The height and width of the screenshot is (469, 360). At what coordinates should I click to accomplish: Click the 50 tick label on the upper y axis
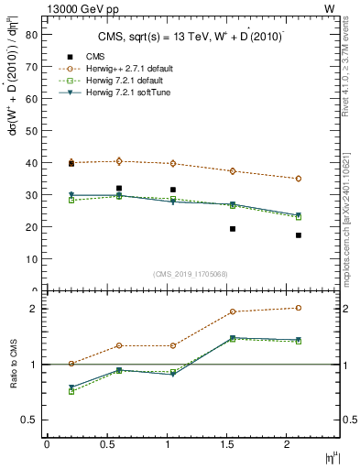click(30, 131)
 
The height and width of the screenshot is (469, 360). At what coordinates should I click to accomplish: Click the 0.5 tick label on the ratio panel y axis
click(28, 420)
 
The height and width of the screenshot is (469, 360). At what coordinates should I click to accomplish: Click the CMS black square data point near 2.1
click(299, 235)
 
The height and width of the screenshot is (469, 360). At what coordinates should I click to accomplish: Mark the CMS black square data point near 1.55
click(233, 229)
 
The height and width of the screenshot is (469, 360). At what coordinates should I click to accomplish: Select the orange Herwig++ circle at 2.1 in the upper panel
click(299, 179)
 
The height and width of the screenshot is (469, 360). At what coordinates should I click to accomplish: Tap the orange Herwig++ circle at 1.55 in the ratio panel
click(233, 311)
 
